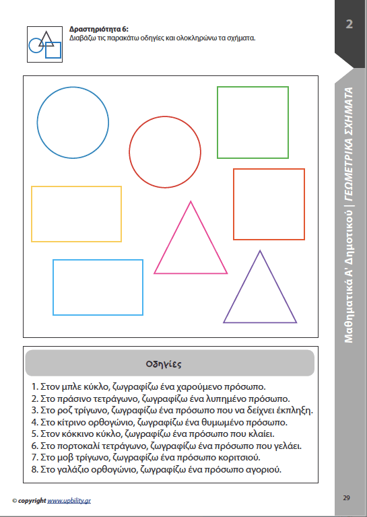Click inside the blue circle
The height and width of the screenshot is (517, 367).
coord(73,123)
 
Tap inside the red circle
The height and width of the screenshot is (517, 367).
coord(165,152)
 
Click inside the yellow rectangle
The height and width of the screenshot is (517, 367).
coord(77,214)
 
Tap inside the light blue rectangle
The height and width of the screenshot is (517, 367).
coord(98,287)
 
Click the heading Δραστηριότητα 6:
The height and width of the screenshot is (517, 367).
coord(99,30)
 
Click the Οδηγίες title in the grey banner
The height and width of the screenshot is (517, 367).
coord(164,364)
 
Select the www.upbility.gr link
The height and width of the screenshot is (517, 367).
coord(69,501)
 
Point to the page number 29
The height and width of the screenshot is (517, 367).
coord(346,498)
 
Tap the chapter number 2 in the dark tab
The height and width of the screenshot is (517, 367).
coord(349,24)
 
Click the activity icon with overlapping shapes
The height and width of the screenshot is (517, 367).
coord(45,44)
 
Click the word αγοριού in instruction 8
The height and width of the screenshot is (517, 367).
coord(264,469)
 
